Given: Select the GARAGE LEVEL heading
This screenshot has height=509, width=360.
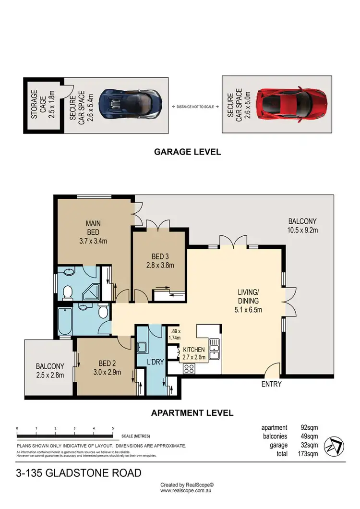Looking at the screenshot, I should (187, 152).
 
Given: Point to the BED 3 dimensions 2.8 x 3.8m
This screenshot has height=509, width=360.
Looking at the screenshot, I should (160, 265).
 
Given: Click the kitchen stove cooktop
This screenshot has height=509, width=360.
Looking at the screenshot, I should (188, 369).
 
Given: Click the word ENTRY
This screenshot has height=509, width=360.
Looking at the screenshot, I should (271, 384).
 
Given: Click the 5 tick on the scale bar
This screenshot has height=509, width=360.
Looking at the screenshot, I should (113, 428).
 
